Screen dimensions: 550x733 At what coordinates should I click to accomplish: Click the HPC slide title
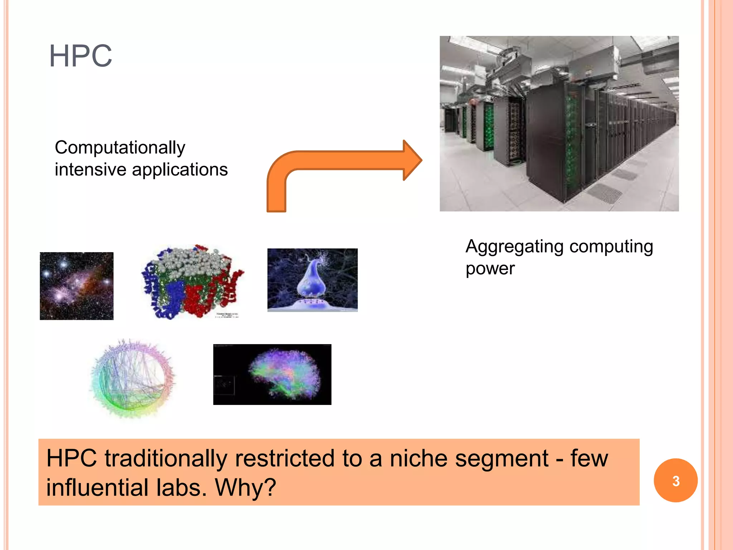click(81, 56)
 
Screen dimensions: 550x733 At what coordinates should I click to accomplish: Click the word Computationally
click(120, 148)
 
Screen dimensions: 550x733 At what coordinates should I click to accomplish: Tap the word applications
click(180, 170)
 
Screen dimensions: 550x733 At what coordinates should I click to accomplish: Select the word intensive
click(90, 170)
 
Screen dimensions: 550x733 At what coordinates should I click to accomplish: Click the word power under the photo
click(490, 269)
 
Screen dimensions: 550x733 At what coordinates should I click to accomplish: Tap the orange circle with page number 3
click(675, 481)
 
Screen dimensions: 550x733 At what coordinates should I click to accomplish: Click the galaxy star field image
click(77, 286)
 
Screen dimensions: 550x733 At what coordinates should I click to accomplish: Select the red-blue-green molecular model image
click(192, 282)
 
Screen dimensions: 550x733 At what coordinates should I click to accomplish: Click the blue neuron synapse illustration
click(312, 280)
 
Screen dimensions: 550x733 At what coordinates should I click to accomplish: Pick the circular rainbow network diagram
click(132, 379)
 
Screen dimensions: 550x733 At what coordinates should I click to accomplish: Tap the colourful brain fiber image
click(272, 374)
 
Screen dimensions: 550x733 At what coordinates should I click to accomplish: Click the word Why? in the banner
click(245, 488)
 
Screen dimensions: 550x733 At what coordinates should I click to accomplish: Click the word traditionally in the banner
click(166, 459)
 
